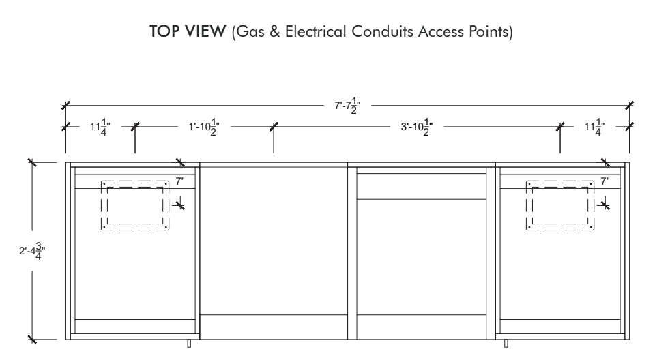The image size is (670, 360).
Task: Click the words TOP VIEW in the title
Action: tap(188, 31)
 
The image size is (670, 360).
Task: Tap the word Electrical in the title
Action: tap(315, 31)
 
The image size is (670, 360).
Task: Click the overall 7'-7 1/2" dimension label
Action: tap(347, 106)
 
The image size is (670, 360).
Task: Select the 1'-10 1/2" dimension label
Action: tap(204, 127)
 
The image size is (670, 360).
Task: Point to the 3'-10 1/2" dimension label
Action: tap(417, 127)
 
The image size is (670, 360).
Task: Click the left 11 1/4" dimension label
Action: tap(100, 127)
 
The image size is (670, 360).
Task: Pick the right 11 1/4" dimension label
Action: tap(594, 127)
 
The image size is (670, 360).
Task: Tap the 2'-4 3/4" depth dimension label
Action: tap(32, 251)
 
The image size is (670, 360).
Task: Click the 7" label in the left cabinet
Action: tap(180, 181)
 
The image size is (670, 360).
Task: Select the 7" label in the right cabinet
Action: tap(605, 181)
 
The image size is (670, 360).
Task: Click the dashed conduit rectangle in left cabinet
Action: tap(135, 181)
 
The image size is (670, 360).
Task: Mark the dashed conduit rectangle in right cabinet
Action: tap(560, 181)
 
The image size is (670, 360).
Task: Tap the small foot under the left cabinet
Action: tap(189, 344)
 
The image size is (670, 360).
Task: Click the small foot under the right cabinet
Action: tap(506, 344)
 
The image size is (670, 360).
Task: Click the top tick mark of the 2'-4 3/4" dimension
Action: tap(32, 162)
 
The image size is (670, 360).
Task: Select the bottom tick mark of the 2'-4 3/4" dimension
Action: tap(32, 340)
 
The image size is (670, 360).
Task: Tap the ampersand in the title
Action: tap(275, 31)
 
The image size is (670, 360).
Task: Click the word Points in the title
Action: tap(489, 31)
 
